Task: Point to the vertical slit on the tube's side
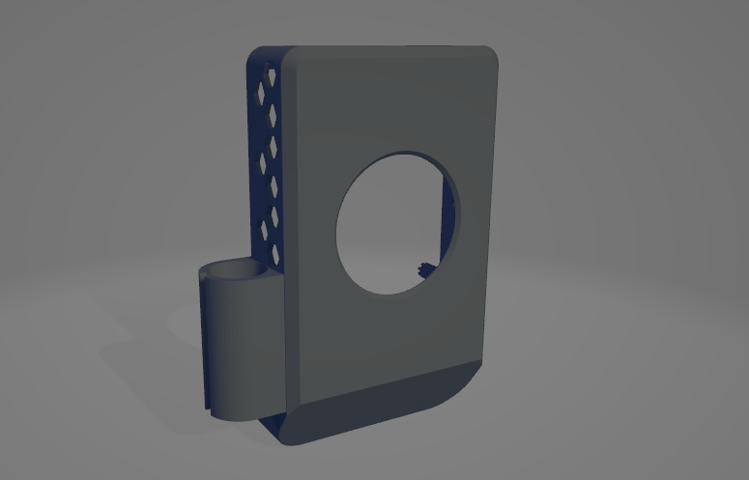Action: point(207,338)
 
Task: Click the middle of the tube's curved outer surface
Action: point(237,348)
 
